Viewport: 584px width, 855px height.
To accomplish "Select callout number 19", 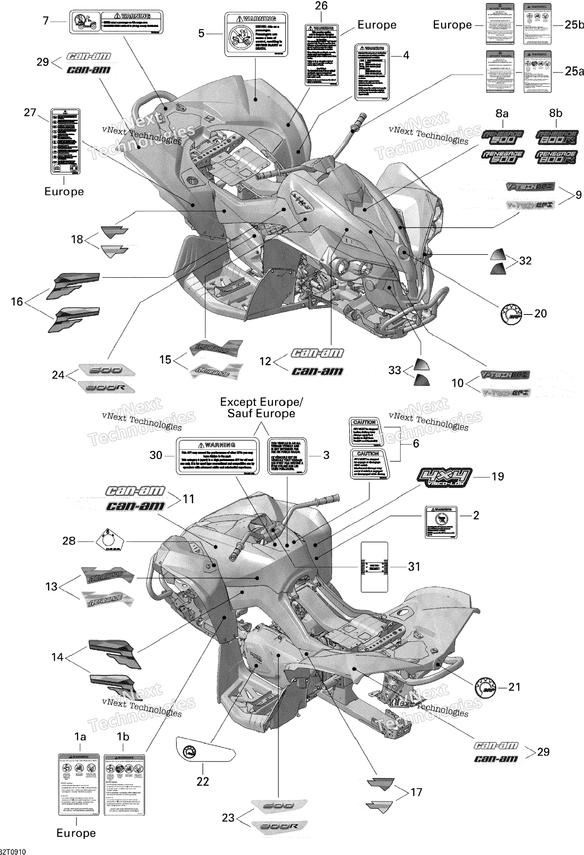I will tap(498, 476).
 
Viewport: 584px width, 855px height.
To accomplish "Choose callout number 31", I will tap(414, 567).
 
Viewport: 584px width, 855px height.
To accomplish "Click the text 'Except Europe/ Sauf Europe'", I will tap(261, 408).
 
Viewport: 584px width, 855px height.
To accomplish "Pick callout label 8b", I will tap(555, 113).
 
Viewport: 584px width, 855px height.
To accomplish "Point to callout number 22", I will tap(203, 781).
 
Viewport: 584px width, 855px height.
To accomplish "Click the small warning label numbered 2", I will tap(441, 522).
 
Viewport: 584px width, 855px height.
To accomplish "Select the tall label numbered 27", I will tap(65, 141).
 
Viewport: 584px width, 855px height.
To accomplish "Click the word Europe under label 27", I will tap(64, 191).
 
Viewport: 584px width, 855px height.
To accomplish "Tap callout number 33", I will tap(394, 370).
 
